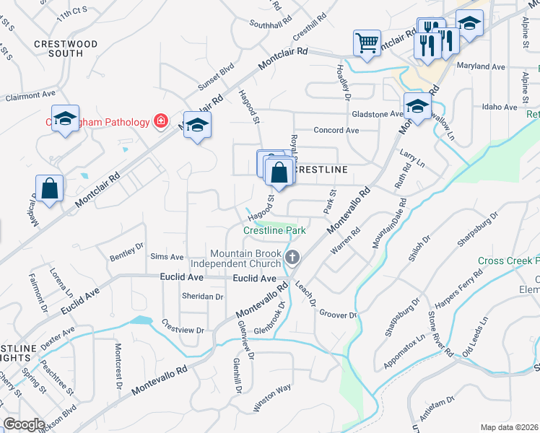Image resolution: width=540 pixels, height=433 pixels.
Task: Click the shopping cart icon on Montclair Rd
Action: point(367,42)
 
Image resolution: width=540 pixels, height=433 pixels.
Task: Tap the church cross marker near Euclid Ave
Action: point(293,257)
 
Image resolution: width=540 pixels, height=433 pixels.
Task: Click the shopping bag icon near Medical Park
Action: point(48,188)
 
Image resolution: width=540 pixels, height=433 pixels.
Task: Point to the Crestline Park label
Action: point(274,230)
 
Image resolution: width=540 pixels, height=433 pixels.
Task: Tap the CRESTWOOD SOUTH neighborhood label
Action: point(66,48)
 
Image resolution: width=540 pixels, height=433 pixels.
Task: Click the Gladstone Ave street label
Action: point(377,114)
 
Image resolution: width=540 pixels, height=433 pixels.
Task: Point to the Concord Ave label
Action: point(336,131)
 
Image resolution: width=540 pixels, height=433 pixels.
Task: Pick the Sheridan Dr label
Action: point(201,297)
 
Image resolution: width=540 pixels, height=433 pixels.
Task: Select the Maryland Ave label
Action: point(481,66)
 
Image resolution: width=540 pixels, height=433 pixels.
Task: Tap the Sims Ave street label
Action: point(167,257)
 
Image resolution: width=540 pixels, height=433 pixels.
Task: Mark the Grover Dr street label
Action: point(338,315)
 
